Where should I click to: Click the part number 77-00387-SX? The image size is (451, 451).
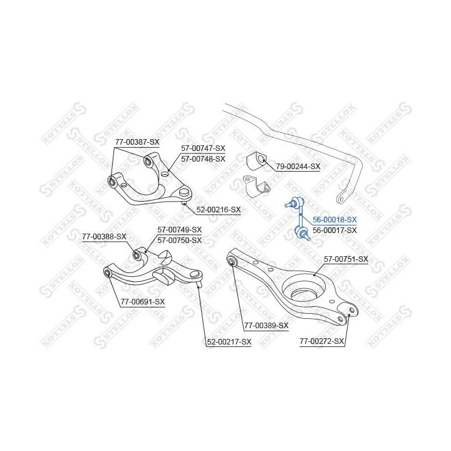pos(137,142)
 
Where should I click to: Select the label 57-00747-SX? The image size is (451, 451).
pos(203,148)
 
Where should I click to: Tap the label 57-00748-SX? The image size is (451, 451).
pos(203,158)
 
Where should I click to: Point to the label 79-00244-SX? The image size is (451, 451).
pos(298,166)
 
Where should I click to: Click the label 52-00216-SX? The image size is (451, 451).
pos(219,210)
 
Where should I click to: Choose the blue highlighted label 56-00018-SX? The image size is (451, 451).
pos(334,220)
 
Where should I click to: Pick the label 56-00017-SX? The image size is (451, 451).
pos(334,230)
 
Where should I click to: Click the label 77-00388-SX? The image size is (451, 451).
pos(104,237)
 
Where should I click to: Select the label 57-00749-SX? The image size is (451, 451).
pos(180,229)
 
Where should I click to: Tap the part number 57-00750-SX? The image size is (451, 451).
pos(180,240)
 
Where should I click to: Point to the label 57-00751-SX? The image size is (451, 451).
pos(346,259)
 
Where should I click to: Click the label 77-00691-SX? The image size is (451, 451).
pos(143,302)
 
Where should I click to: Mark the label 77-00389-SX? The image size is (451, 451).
pos(266,326)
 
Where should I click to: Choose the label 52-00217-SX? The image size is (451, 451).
pos(229,342)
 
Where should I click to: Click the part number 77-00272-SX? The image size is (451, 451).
pos(321,341)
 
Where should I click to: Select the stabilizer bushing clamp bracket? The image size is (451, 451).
pos(257,186)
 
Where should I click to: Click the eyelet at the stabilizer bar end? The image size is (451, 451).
pos(341,198)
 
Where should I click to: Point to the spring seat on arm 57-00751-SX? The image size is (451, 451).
pos(304,289)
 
